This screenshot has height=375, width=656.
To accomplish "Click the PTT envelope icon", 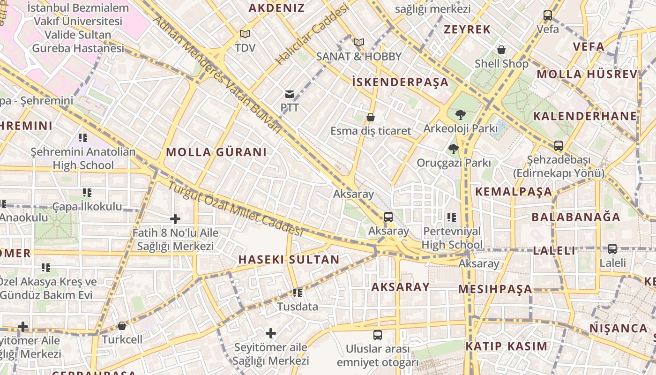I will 290,94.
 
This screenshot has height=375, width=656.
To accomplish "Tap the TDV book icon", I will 245,34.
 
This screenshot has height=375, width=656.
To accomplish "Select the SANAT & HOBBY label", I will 359,56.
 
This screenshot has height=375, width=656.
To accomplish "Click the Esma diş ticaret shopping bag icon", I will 371,117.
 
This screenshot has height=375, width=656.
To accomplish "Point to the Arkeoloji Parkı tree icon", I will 460,114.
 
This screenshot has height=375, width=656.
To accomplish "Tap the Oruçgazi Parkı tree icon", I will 453,149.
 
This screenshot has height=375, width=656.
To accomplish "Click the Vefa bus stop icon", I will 548,15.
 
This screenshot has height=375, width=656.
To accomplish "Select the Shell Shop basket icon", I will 501,50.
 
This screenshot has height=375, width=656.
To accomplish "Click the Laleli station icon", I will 612,249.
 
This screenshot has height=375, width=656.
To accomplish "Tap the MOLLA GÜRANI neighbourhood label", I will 216,152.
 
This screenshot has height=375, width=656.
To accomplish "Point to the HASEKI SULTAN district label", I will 289,259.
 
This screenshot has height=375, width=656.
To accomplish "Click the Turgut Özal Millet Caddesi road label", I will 236,208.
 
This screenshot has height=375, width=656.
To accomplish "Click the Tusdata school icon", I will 297,293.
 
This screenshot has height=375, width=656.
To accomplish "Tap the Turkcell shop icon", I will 122,326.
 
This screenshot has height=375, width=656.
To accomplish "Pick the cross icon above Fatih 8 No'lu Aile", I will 175,218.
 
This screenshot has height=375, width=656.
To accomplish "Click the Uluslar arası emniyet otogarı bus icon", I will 378,335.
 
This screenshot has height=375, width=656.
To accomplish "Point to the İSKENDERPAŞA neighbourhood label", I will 400,82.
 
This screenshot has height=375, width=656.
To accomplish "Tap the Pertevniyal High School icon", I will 452,217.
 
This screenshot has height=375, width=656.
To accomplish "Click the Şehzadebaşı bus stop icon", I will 558,146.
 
